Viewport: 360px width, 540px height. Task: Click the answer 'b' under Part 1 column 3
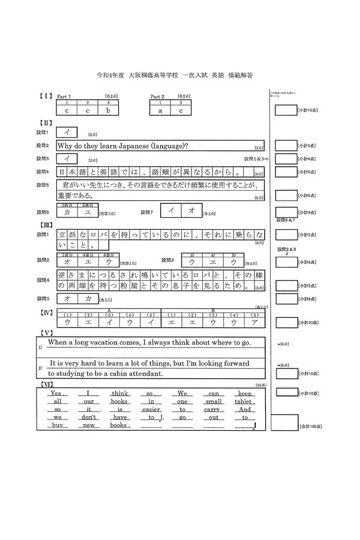click(x=108, y=110)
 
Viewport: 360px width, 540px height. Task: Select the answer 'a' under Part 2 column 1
click(x=160, y=110)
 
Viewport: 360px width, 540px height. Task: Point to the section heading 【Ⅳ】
click(x=46, y=313)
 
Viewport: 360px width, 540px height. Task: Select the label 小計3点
click(x=307, y=146)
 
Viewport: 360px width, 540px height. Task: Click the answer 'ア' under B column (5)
click(x=254, y=322)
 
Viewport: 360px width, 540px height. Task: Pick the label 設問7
click(x=147, y=212)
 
